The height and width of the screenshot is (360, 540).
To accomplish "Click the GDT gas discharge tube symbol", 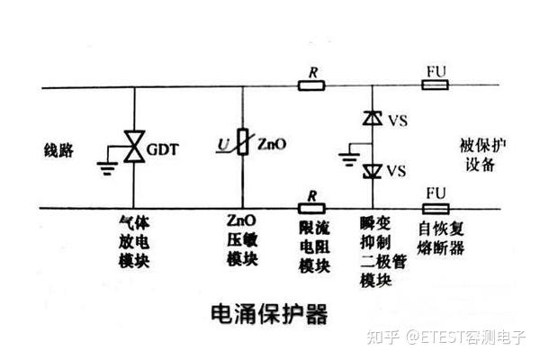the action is [x=134, y=146].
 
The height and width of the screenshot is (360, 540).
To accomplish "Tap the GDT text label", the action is [x=163, y=149].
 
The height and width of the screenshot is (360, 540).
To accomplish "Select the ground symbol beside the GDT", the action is [x=107, y=167].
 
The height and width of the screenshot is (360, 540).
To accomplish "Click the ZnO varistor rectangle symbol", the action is [x=243, y=141].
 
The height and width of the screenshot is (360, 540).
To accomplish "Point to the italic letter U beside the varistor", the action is [x=223, y=144].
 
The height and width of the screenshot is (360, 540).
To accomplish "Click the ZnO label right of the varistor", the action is [x=272, y=144].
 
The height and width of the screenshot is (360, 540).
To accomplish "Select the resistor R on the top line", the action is [x=311, y=85].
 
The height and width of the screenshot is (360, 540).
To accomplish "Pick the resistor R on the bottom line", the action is [x=311, y=209].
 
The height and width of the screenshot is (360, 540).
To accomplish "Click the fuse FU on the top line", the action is [x=436, y=85].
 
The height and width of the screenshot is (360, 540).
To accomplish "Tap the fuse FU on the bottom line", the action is [x=436, y=209].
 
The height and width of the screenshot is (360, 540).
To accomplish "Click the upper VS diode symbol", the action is [x=373, y=118].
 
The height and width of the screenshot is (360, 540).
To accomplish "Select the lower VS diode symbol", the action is [x=373, y=171].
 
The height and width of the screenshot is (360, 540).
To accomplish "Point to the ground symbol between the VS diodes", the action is [x=349, y=159].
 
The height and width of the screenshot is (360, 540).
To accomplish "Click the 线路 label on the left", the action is [x=58, y=150].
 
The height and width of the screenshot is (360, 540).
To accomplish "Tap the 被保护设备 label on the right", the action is [x=482, y=155].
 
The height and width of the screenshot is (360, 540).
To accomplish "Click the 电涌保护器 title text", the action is [x=269, y=313].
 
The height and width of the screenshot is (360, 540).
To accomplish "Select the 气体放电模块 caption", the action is [x=134, y=242].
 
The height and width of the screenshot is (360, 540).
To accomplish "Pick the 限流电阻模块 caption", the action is [x=314, y=247].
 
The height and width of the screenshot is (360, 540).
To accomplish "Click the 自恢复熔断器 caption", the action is [x=441, y=238].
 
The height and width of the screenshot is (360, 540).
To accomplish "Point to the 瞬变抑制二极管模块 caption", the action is [x=383, y=252].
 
